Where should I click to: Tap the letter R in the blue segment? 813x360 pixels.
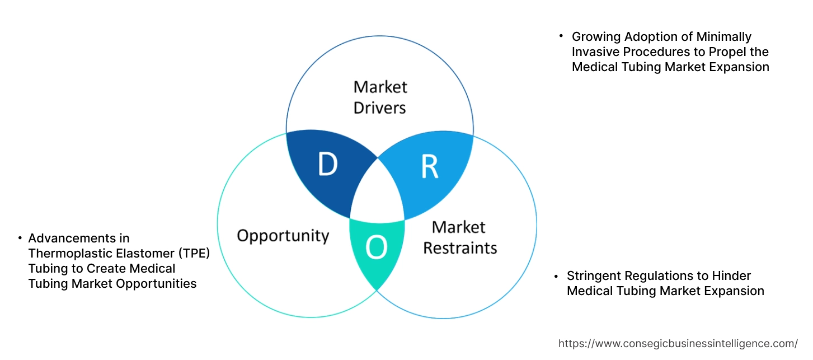430,166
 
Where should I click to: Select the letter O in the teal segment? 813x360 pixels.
376,249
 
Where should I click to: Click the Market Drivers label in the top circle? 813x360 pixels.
380,97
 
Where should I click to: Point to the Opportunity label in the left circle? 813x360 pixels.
283,235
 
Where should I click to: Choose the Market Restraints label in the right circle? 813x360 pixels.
459,237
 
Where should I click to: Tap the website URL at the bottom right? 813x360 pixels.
678,343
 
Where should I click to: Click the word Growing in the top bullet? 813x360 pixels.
595,37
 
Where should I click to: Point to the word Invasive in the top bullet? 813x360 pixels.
595,52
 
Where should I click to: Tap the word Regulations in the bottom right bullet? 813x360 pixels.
658,276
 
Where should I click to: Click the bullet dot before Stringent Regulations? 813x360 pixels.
556,276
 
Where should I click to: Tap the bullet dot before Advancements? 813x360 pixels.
20,238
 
